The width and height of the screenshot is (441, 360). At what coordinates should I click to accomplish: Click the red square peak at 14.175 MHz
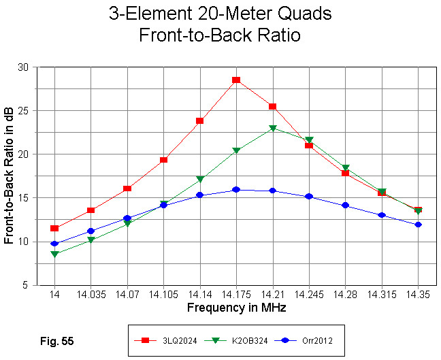236,80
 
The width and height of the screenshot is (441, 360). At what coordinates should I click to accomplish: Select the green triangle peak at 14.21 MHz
273,128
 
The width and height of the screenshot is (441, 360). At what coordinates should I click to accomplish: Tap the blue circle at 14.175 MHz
236,189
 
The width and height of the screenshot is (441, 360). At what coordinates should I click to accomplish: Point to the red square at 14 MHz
54,228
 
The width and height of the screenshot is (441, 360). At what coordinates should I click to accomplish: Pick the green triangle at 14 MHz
54,255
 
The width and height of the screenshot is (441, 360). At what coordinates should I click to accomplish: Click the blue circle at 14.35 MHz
418,225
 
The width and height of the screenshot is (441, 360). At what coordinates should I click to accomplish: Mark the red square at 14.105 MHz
163,160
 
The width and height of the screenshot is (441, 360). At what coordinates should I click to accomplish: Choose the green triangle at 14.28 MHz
346,167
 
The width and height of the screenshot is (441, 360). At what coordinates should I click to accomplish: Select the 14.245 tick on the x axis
309,295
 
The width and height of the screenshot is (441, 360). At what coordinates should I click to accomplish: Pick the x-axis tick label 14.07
127,295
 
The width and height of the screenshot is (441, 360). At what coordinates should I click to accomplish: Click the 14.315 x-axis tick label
382,295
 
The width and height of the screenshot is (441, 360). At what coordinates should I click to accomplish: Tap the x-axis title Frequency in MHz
236,308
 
